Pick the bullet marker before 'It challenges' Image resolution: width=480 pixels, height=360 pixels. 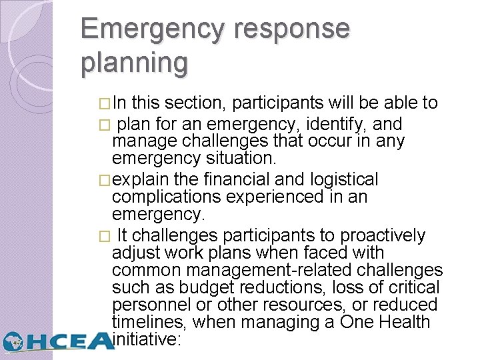[x=102, y=237]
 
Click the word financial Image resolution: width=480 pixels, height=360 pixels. [x=233, y=179]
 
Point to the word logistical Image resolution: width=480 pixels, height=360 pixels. [x=341, y=179]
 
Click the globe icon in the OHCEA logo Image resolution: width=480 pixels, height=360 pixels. [x=16, y=341]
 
